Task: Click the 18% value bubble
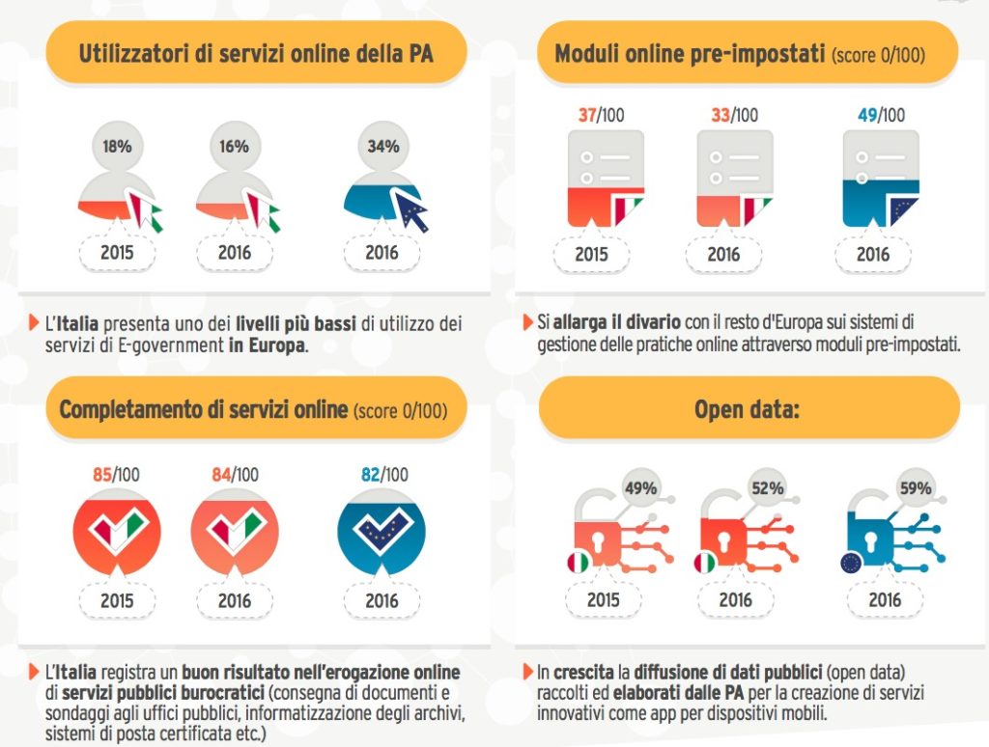117,147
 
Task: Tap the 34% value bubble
381,147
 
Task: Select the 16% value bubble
234,147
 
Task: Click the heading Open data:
749,408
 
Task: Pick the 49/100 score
881,116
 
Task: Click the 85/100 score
115,475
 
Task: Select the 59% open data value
913,488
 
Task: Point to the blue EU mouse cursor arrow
410,209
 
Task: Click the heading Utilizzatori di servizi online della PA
256,52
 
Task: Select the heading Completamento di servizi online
203,409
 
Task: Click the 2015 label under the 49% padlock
603,600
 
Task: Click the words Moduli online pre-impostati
690,52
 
